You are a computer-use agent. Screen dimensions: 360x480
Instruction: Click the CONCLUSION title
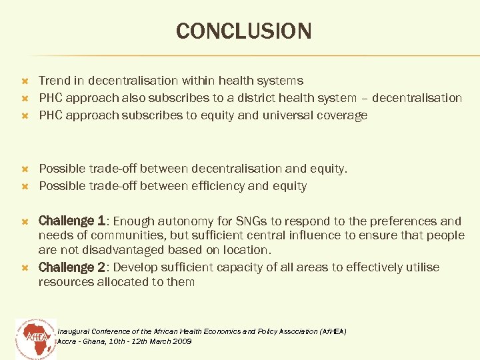(x=243, y=31)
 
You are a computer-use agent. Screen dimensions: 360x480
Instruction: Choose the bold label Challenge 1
(x=72, y=221)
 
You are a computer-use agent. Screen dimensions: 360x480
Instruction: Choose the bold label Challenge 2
(x=72, y=267)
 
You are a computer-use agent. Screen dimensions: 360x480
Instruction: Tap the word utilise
(x=421, y=267)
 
